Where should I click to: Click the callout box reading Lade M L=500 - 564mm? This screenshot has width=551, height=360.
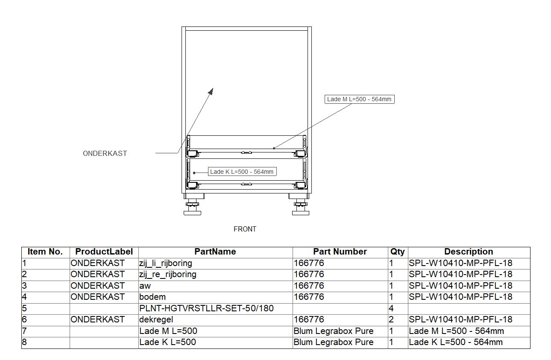[359, 100]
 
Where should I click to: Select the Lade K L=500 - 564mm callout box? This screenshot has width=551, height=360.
[242, 172]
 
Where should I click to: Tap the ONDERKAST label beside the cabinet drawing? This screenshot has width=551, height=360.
[105, 153]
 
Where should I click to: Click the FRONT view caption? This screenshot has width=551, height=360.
[245, 229]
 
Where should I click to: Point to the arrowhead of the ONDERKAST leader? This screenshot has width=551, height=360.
[211, 91]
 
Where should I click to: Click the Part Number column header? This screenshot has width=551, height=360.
[340, 252]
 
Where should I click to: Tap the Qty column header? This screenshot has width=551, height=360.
[398, 252]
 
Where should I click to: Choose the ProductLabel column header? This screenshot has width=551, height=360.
[104, 252]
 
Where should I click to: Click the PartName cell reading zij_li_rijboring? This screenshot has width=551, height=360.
[166, 263]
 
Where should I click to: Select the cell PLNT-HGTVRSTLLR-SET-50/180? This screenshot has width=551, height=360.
[206, 308]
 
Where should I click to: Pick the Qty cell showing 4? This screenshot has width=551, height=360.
[391, 308]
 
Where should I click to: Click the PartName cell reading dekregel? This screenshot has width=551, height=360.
[156, 320]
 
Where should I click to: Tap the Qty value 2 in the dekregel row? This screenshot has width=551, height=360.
[391, 320]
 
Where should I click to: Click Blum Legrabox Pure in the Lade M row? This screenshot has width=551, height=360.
[334, 331]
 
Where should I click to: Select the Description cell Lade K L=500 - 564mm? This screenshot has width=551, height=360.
[456, 342]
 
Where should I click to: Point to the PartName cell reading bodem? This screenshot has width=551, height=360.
[152, 297]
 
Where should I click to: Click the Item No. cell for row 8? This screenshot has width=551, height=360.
[24, 342]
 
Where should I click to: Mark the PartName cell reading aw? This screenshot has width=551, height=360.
[145, 286]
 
